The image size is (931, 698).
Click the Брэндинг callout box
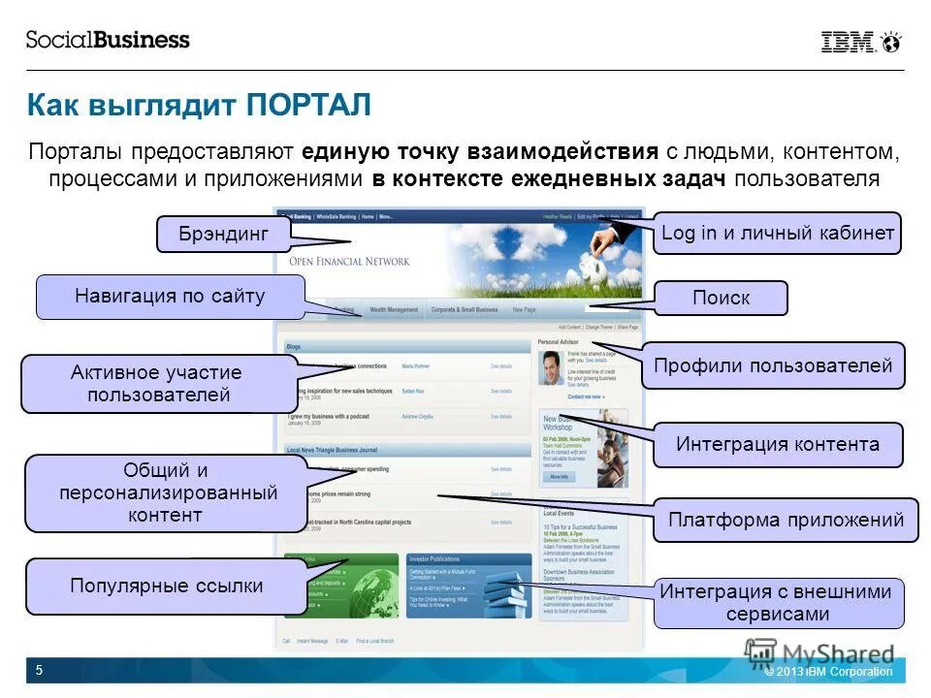223,234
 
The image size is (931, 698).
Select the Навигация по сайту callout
170,297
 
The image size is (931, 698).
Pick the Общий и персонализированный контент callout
165,492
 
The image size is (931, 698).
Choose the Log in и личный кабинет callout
777,234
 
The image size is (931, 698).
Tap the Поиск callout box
721,298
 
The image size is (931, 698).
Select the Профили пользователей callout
772,365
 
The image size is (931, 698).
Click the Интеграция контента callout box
778,445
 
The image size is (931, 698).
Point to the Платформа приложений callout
786,521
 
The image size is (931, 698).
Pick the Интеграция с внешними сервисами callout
779,602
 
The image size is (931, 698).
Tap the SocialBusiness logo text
108,40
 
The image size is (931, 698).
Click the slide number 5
39,670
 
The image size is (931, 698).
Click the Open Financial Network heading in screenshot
349,261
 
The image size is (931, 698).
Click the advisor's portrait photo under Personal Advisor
550,368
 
